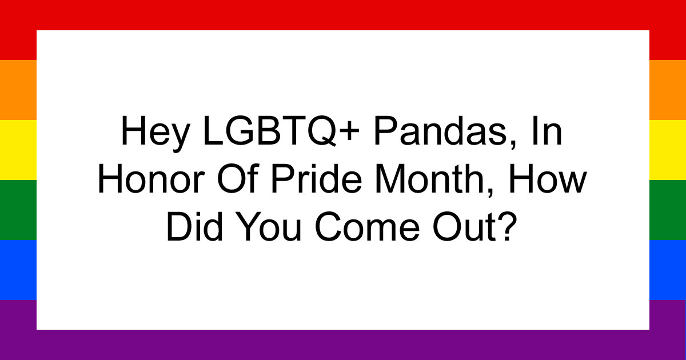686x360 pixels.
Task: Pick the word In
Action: click(x=552, y=134)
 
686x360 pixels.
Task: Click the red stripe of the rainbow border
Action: click(x=343, y=14)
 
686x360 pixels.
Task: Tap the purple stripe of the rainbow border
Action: click(x=343, y=345)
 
